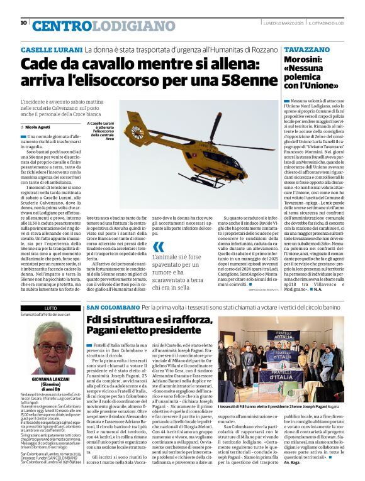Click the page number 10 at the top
[x=24, y=23]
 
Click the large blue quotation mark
[x=159, y=247]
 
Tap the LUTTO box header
[x=50, y=308]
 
